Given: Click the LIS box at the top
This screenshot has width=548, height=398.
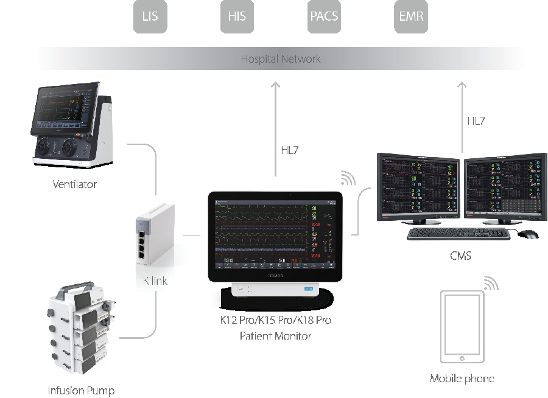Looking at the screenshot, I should click(150, 16).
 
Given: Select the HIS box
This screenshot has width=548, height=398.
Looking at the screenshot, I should click(237, 16).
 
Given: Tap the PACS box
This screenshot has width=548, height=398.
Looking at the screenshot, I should click(324, 16).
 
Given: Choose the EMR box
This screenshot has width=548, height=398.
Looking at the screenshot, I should click(411, 16).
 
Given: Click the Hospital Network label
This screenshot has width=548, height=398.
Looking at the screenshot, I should click(281, 59).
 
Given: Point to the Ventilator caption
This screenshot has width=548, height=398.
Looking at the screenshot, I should click(75, 184).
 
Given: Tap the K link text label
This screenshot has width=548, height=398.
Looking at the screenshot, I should click(155, 281).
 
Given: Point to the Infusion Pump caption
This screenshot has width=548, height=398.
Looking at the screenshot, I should click(81, 390).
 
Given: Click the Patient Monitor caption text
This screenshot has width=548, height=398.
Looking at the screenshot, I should click(275, 335).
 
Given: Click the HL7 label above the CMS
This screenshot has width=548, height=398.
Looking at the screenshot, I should click(476, 121).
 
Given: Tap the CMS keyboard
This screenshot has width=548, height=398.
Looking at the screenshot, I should click(458, 234).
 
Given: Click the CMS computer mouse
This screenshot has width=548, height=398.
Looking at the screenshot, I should click(529, 234).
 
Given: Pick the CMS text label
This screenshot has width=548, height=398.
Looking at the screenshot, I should click(460, 256).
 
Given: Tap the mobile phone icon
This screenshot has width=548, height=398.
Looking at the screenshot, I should click(462, 327).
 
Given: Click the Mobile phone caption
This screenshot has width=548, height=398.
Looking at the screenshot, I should click(462, 379).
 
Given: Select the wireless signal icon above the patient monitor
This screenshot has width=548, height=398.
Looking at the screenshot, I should click(348, 178).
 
